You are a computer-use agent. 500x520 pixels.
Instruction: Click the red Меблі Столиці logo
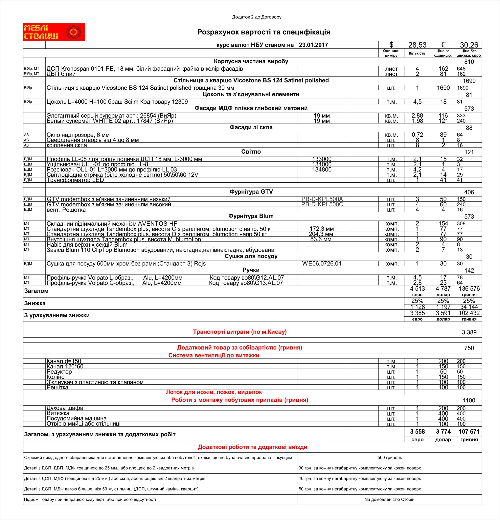54,32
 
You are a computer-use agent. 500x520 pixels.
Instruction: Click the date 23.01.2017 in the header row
313,45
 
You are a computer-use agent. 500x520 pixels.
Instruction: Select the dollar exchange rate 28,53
417,45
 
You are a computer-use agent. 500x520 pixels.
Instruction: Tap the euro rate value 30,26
469,45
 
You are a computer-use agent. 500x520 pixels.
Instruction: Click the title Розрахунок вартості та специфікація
263,32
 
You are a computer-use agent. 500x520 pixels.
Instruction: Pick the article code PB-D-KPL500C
322,204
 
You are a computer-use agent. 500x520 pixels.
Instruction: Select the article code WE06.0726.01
321,263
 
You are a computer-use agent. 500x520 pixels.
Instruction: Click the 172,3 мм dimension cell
321,229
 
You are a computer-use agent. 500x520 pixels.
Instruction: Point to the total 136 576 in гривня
469,289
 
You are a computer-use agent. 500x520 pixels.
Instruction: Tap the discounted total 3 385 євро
417,313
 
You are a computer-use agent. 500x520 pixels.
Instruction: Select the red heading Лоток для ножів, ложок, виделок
214,392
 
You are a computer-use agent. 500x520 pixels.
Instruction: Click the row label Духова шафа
65,408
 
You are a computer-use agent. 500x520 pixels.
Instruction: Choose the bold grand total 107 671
469,432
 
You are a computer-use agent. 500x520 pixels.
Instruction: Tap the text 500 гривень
390,457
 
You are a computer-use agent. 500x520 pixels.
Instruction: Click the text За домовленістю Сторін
390,499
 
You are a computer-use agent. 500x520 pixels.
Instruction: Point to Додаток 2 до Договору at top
256,17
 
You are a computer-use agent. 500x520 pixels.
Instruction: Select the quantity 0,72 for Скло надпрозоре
417,135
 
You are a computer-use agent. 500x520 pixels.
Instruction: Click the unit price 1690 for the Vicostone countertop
443,88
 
